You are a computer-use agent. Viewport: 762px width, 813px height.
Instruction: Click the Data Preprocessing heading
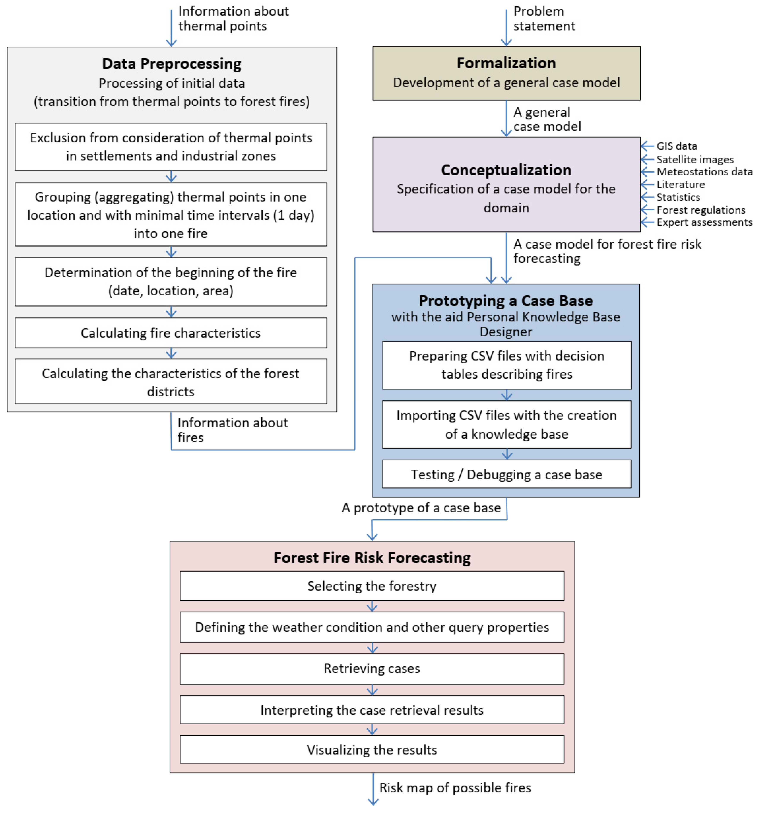pos(172,64)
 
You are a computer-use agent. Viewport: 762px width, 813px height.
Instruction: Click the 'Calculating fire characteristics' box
pos(171,333)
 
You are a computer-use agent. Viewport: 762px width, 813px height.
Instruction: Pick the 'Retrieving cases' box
pos(372,668)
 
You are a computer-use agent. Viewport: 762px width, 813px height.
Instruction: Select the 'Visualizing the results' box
pos(372,750)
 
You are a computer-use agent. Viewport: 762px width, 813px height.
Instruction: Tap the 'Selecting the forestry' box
pos(372,586)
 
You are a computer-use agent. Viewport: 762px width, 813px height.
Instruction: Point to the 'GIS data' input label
pos(677,146)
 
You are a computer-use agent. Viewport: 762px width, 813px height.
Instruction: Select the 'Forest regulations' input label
pos(701,210)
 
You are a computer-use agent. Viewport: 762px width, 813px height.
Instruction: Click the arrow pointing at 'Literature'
pos(647,184)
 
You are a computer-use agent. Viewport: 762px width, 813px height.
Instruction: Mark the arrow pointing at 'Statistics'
pos(647,197)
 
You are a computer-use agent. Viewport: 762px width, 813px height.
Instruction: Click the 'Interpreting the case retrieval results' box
pos(372,710)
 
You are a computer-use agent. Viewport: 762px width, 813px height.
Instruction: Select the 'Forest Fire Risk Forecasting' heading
pos(372,557)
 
